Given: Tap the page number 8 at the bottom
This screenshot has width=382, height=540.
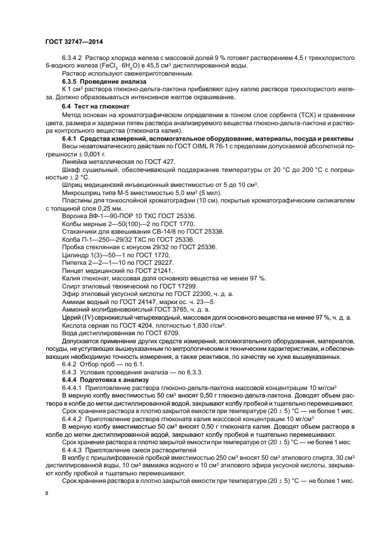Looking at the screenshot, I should [47, 493].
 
